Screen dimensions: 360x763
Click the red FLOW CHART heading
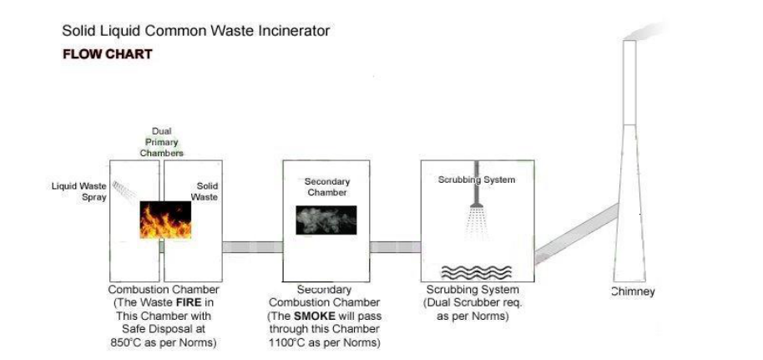[x=107, y=54]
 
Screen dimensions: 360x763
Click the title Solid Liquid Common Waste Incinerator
[x=196, y=32]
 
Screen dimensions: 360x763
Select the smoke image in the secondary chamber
[x=326, y=219]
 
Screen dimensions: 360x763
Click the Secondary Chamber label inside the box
[x=326, y=186]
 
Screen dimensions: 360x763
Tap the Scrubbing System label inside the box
[x=477, y=180]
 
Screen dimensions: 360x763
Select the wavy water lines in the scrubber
[x=477, y=271]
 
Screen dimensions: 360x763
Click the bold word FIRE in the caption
[x=184, y=303]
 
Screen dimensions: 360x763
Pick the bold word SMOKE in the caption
[x=311, y=317]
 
